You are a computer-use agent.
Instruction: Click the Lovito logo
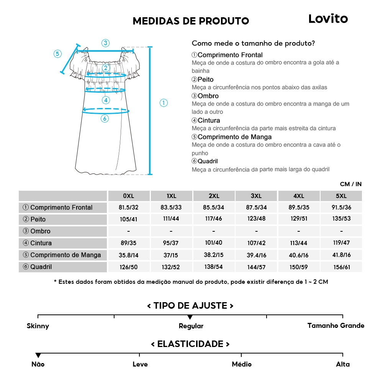click(328, 19)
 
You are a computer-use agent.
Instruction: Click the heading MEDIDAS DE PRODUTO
click(191, 21)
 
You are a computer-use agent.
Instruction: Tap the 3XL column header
click(256, 196)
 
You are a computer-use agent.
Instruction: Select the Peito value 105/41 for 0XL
click(128, 219)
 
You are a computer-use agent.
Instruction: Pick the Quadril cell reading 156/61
click(341, 267)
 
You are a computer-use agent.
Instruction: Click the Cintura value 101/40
click(213, 243)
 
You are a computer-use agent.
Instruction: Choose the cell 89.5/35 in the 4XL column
click(298, 208)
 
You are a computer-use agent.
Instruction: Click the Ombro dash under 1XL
click(171, 231)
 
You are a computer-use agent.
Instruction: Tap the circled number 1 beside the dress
click(164, 103)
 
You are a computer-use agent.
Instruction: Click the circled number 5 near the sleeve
click(57, 54)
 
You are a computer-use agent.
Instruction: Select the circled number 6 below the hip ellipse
click(105, 119)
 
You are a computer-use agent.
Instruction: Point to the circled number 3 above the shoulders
click(105, 43)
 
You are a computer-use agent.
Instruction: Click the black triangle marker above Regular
click(190, 317)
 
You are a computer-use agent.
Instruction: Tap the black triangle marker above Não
click(38, 355)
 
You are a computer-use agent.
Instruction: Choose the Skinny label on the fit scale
click(38, 326)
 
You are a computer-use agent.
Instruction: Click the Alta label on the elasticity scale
click(343, 364)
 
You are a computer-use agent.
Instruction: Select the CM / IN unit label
click(350, 184)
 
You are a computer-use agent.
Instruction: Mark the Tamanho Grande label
click(336, 326)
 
